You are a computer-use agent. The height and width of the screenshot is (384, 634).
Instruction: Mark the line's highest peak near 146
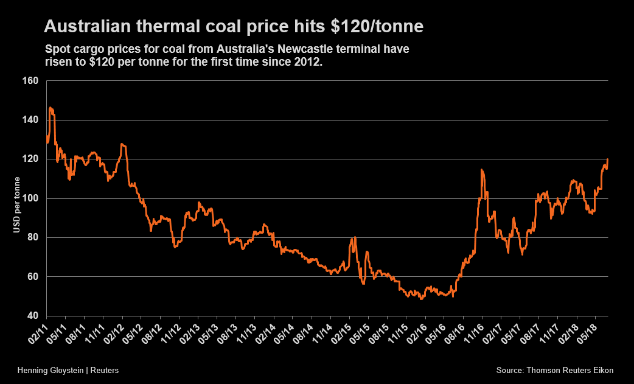point(51,108)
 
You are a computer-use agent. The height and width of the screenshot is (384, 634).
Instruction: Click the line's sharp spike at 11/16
point(482,170)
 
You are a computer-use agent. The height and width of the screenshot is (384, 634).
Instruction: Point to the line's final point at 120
point(608,159)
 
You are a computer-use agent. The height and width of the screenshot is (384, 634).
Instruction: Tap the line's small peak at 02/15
point(355,237)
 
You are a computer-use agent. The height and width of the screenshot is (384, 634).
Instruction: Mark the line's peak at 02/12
point(122,144)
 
